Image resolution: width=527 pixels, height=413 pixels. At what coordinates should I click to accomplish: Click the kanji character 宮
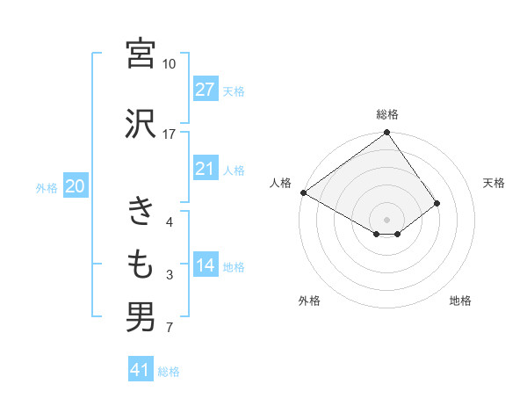[x=141, y=54]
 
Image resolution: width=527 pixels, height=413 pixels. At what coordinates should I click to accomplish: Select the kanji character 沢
[x=141, y=123]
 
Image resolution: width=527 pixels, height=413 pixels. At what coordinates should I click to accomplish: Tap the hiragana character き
[x=141, y=212]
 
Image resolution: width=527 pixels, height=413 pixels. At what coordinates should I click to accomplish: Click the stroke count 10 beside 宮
[x=170, y=64]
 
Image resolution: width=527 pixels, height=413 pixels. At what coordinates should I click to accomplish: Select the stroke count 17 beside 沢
[x=170, y=134]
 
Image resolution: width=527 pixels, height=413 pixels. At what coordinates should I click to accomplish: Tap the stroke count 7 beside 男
[x=170, y=329]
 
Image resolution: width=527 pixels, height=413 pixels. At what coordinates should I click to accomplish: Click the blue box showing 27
[x=206, y=90]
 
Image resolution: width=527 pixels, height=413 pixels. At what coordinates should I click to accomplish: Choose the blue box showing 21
[x=206, y=169]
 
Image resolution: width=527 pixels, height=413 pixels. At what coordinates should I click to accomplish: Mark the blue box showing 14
[x=206, y=265]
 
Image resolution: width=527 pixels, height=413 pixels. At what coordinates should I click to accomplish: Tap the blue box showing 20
[x=76, y=186]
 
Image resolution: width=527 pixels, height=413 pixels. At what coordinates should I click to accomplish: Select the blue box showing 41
[x=141, y=370]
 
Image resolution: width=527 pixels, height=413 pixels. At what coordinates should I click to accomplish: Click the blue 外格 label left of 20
[x=47, y=187]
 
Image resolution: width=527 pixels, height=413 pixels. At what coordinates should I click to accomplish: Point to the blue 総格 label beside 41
[x=169, y=372]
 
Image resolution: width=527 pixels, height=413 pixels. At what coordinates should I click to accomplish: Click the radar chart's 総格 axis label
[x=387, y=114]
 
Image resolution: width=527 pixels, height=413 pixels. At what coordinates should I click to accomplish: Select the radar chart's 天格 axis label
[x=495, y=183]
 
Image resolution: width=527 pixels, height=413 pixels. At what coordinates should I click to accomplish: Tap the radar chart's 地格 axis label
[x=460, y=301]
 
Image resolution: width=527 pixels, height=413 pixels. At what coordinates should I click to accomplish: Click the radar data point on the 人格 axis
[x=303, y=192]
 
